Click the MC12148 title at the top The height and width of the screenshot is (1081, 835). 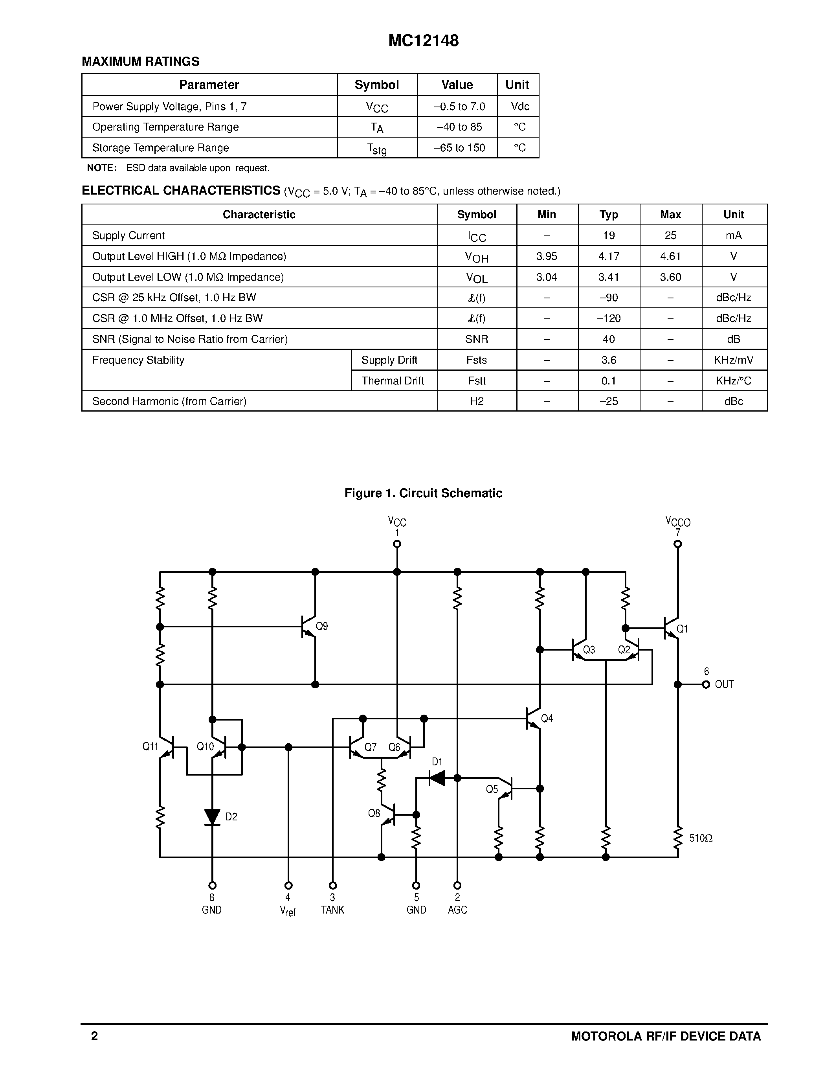tap(424, 40)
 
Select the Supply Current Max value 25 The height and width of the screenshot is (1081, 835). tap(670, 235)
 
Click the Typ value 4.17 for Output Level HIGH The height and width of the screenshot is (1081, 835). tap(608, 256)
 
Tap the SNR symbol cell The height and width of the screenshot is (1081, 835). tap(476, 340)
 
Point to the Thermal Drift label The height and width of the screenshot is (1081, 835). tap(392, 381)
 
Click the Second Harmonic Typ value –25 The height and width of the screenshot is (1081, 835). tap(608, 401)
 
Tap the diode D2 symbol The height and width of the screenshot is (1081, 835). tap(212, 817)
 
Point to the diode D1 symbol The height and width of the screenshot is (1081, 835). tap(437, 778)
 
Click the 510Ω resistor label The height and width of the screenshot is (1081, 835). tap(701, 838)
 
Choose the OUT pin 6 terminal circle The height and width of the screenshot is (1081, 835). tap(706, 684)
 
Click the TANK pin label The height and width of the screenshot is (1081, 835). tap(332, 910)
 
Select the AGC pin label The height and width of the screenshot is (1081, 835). tap(457, 910)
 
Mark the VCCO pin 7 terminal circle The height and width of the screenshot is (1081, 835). tap(678, 544)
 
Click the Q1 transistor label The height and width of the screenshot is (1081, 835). tap(682, 629)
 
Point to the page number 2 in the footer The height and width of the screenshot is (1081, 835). tap(94, 1036)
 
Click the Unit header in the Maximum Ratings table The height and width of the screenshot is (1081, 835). tap(518, 85)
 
